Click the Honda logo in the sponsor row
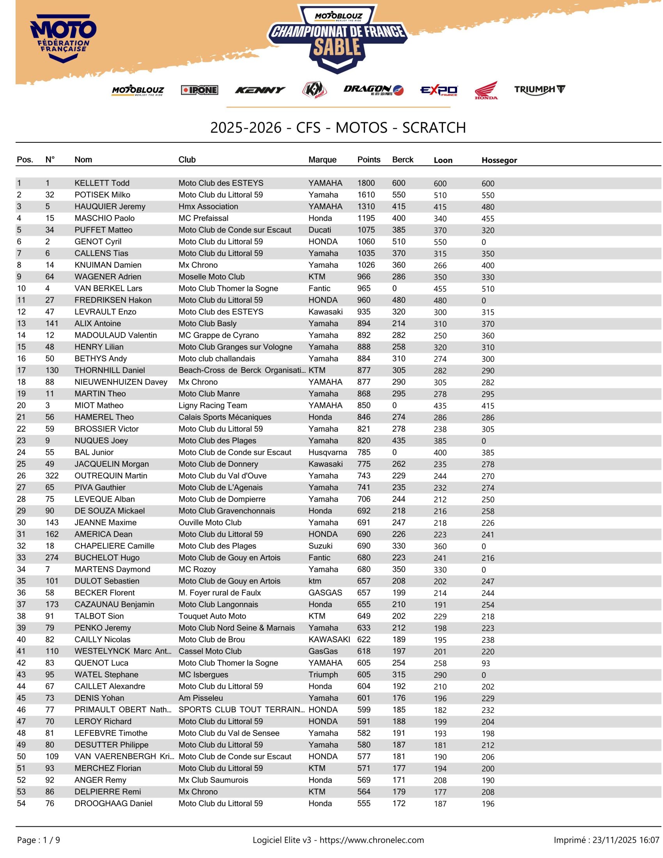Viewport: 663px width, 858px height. click(x=486, y=90)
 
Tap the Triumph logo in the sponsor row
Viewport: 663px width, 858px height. click(x=540, y=90)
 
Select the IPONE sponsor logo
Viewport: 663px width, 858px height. click(x=200, y=90)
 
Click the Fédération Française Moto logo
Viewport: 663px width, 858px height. click(x=63, y=38)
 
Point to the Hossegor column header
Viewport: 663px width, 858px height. click(x=499, y=160)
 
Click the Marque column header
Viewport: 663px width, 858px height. click(x=322, y=160)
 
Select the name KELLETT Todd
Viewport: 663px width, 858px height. click(x=102, y=183)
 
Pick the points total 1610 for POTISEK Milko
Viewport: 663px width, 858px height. click(x=366, y=195)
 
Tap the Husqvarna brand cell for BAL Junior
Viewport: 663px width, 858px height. click(x=328, y=452)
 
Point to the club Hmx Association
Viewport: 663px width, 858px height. click(x=208, y=207)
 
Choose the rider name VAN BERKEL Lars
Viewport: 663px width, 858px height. click(x=108, y=288)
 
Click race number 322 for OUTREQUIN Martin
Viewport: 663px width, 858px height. click(x=52, y=476)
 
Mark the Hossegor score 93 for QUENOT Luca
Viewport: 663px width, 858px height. click(x=486, y=663)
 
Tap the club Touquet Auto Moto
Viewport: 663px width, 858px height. click(x=212, y=616)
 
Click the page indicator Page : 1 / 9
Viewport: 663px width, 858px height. click(x=39, y=840)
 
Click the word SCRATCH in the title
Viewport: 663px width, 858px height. click(x=434, y=128)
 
